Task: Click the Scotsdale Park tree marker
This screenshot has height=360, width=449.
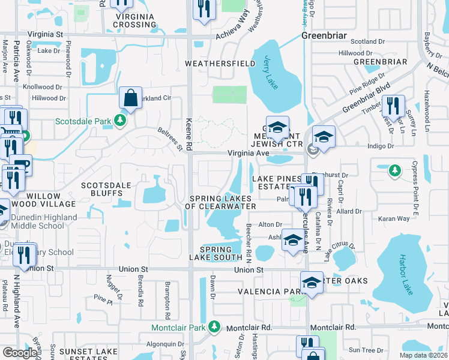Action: coord(121,121)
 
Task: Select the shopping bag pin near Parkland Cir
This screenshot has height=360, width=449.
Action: coord(130,98)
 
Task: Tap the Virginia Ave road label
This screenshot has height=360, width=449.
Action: coord(248,153)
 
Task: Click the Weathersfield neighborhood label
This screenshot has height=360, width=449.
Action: coord(212,63)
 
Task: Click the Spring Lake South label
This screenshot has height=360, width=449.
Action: coord(215,253)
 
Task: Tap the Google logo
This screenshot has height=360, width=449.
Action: coord(20,353)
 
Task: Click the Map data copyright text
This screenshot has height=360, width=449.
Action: coord(424,355)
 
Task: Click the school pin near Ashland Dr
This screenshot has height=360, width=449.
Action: coord(292,241)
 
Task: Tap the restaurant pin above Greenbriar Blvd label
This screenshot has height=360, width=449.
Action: coord(392,106)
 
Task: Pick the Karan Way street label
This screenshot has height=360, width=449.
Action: coord(394,220)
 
